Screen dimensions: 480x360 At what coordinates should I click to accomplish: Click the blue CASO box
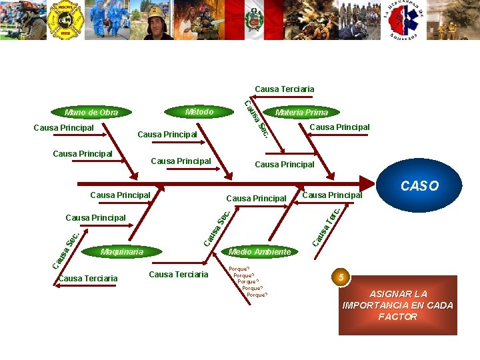tap(419, 186)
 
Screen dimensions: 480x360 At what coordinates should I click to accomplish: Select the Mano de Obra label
tap(91, 112)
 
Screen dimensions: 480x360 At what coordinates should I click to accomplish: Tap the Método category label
tap(199, 111)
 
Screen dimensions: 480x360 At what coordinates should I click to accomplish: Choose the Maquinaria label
tap(121, 252)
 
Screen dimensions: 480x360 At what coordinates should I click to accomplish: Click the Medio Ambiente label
tap(259, 251)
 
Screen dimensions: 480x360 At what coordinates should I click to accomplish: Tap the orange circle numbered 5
tap(340, 277)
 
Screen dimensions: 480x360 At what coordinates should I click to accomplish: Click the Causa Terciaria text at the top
tap(284, 89)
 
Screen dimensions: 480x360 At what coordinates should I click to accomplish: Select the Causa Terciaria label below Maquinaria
tap(87, 279)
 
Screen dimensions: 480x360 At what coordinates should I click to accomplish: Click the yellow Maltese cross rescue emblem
tap(65, 20)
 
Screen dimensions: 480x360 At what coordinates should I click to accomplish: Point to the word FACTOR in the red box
tap(397, 317)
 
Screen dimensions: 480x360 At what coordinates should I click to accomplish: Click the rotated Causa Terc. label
tap(327, 225)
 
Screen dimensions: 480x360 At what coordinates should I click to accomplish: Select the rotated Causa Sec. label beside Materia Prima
tap(256, 119)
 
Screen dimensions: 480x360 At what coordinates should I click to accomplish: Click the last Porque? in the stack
tap(257, 295)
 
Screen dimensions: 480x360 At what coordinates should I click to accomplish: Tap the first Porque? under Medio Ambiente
tap(239, 269)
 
